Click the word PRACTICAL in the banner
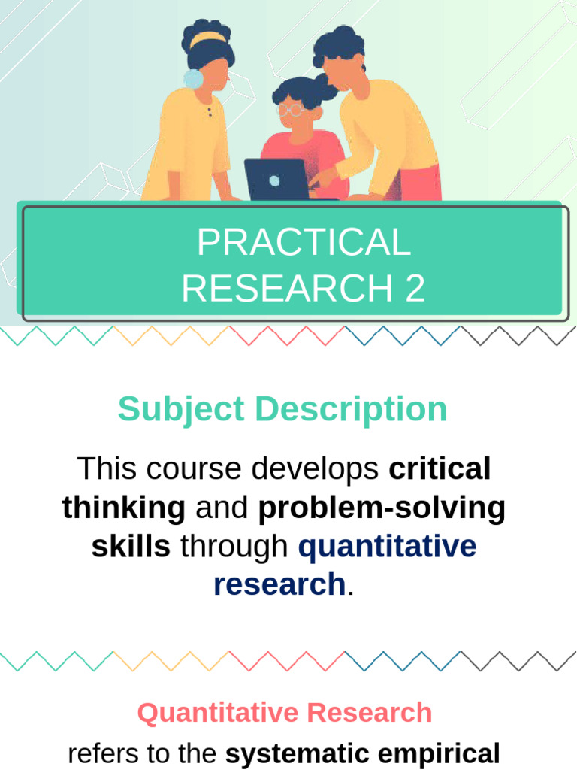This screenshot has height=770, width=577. tap(304, 243)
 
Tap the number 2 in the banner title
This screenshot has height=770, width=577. tap(415, 289)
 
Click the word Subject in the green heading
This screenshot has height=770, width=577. tap(181, 410)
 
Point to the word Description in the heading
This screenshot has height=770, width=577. tap(350, 410)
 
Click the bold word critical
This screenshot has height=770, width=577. tap(440, 469)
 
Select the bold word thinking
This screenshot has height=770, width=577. tap(124, 508)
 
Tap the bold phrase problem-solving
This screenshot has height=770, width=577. tap(382, 508)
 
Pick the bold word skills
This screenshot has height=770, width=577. tap(131, 547)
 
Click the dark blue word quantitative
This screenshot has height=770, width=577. tap(387, 547)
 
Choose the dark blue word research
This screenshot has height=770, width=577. tap(279, 584)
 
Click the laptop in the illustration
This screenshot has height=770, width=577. tap(275, 180)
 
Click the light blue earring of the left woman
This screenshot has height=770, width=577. tap(193, 78)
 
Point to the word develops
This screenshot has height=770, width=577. tap(316, 469)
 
